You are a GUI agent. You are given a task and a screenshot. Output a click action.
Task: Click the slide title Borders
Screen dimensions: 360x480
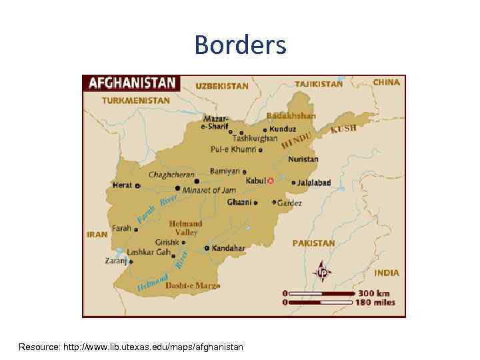coord(240,45)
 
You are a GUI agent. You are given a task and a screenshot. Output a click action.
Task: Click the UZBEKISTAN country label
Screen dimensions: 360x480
coord(221,86)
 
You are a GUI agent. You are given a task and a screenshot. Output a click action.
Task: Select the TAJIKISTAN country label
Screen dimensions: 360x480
coord(319,85)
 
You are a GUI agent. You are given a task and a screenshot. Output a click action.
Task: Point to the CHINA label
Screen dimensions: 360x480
coord(387,83)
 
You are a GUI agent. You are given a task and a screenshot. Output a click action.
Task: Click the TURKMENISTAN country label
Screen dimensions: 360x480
coord(135,101)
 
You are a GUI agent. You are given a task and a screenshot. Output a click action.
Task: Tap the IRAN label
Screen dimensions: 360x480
coord(97,235)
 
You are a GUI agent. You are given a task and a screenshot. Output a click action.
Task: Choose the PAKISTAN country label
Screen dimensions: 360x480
coord(313,244)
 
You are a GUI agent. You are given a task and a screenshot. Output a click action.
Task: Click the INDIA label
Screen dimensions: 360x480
coord(387,273)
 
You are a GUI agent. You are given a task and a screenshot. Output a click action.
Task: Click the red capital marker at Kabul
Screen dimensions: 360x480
coord(270,181)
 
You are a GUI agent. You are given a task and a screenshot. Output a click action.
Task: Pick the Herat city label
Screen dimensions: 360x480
coord(122,185)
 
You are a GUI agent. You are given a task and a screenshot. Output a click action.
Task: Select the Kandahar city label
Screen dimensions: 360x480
coord(229,248)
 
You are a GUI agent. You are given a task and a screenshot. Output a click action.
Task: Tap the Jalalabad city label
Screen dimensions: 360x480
coord(314,183)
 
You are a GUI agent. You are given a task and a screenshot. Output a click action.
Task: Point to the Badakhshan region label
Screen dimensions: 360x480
coord(291,115)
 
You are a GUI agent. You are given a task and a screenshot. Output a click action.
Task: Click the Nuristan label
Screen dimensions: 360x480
coord(303,159)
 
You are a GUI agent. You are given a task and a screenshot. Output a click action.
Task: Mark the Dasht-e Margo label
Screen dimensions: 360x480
coord(193,285)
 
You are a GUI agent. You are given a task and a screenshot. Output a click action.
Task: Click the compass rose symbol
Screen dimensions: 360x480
coord(323,271)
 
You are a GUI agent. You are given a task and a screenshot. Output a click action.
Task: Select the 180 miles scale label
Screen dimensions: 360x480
coord(375,303)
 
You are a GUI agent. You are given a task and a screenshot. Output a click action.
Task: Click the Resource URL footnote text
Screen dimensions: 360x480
coord(131,347)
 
